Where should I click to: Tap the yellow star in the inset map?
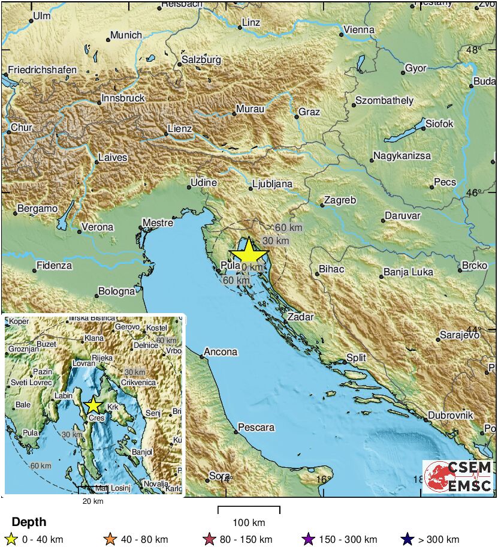pos(93,405)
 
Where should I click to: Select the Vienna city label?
pos(359,30)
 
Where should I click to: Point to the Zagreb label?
pos(340,200)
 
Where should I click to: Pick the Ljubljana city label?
pos(272,184)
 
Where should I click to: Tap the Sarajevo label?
pos(459,335)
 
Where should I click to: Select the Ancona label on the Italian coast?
pos(221,352)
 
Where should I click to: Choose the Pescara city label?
pos(256,428)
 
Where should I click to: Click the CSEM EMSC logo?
pos(458,476)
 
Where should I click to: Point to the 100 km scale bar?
pos(249,510)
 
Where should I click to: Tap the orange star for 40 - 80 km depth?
pos(110,540)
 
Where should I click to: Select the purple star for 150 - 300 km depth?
pos(308,540)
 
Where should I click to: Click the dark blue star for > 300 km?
pos(408,540)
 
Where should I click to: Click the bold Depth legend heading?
pos(29,522)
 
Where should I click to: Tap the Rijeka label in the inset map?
pos(102,358)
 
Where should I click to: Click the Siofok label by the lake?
pos(439,124)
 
